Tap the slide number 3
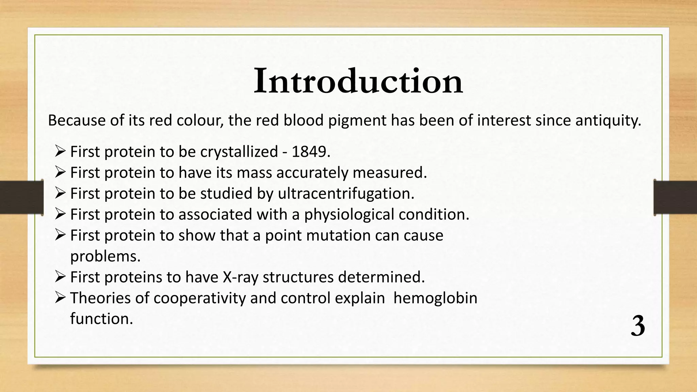(x=638, y=326)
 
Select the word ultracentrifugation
(x=346, y=194)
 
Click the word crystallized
(x=239, y=152)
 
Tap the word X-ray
(x=240, y=277)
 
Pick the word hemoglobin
(x=435, y=298)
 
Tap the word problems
(x=105, y=256)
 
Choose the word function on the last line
(x=101, y=319)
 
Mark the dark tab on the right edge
(x=675, y=197)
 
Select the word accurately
(x=312, y=173)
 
